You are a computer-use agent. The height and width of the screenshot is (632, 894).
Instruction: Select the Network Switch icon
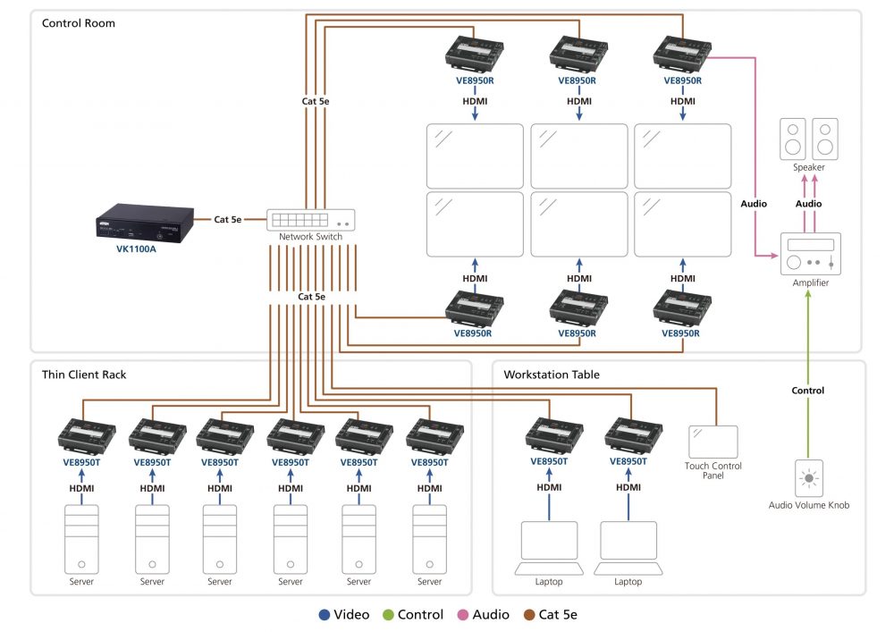[x=310, y=220]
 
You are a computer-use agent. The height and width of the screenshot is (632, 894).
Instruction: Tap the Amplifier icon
[x=811, y=254]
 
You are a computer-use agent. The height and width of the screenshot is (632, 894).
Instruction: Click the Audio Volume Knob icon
[x=809, y=478]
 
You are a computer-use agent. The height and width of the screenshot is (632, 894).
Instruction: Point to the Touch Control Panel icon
[x=713, y=442]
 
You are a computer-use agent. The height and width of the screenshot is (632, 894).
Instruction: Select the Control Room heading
[x=79, y=22]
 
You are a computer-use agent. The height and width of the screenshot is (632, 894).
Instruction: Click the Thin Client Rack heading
[x=84, y=375]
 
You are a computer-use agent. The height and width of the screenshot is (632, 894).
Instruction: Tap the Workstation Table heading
[x=552, y=375]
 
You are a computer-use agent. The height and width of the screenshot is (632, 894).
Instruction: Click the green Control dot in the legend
[x=387, y=615]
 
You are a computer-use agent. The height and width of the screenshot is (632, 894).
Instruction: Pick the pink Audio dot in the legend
[x=462, y=615]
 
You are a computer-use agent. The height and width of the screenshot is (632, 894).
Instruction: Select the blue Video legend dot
[x=323, y=615]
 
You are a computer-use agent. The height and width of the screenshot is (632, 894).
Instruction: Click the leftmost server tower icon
[x=81, y=540]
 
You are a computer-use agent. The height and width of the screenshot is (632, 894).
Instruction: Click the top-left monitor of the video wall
[x=475, y=156]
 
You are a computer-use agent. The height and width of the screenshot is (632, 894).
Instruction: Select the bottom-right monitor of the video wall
[x=682, y=223]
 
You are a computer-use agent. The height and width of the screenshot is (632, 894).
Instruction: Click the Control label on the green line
[x=808, y=391]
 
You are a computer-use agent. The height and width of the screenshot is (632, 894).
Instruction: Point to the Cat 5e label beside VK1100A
[x=227, y=219]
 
